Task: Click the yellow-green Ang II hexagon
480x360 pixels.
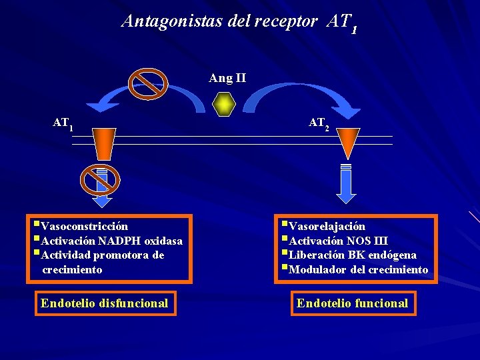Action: [x=225, y=105]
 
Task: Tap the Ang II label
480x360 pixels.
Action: [x=227, y=78]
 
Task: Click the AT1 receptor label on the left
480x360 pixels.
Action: [x=63, y=123]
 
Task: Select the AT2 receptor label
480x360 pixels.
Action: [x=319, y=123]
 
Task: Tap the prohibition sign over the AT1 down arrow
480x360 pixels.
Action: [x=100, y=179]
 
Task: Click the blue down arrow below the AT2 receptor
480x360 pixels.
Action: [x=346, y=183]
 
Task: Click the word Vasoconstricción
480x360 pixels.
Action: [x=84, y=227]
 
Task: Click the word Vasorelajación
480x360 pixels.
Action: [x=327, y=227]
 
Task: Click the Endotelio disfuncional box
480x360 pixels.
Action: [x=105, y=303]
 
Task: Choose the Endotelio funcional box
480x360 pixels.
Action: [x=352, y=303]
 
